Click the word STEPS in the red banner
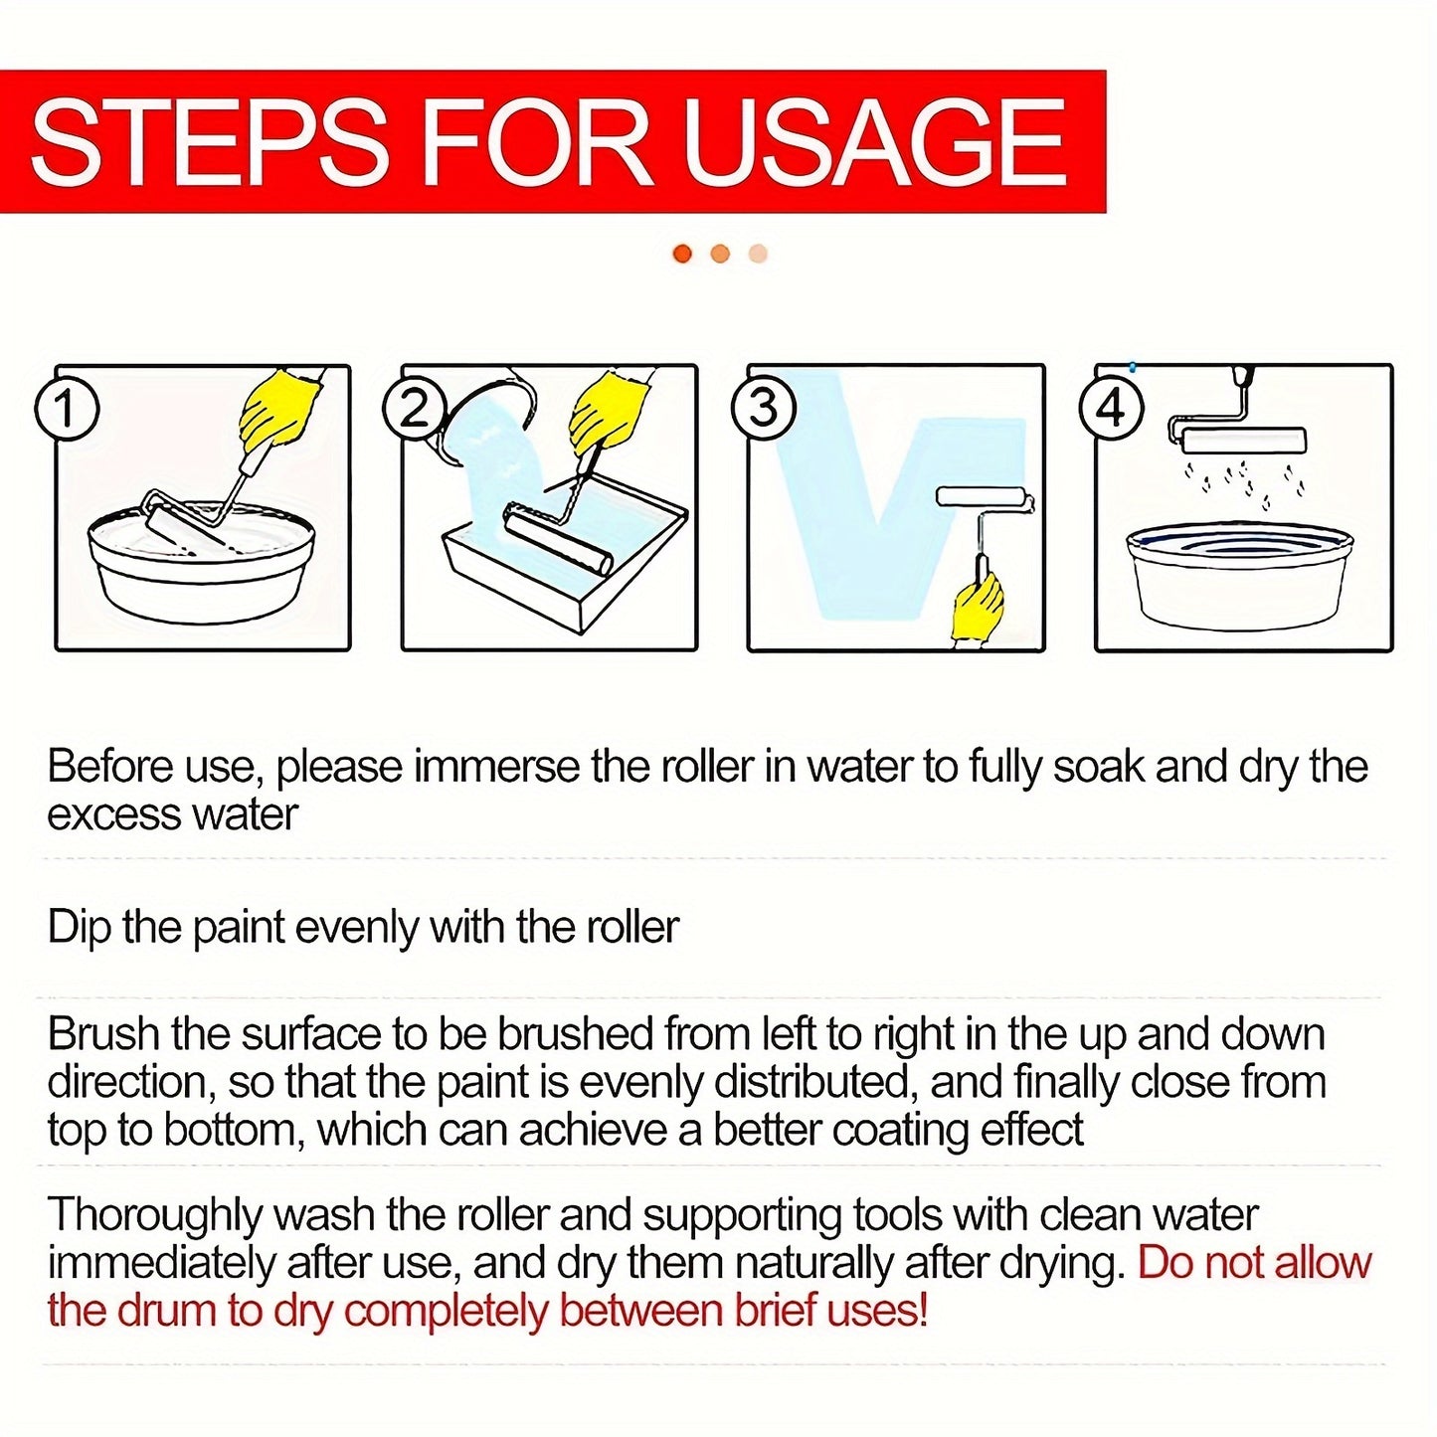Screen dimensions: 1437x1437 click(210, 141)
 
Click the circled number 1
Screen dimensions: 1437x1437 click(67, 410)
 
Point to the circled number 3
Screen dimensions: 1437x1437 click(762, 410)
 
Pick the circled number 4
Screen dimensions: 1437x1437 click(1110, 410)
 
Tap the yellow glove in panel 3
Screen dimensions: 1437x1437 click(978, 607)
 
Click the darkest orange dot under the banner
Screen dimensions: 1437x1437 click(682, 254)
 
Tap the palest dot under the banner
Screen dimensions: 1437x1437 click(758, 254)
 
